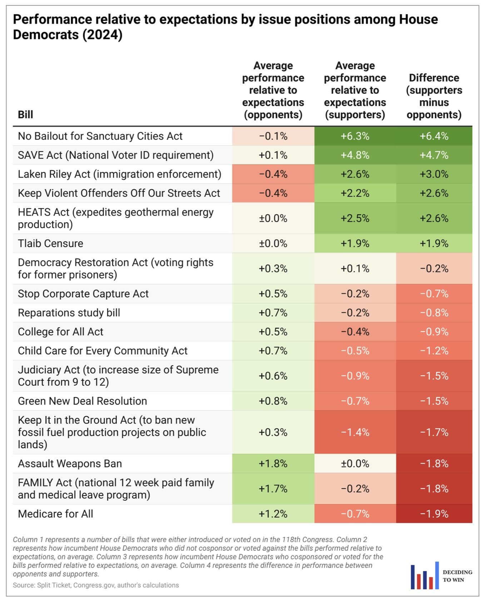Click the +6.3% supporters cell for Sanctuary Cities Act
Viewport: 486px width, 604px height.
(355, 136)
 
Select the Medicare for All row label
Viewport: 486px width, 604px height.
(55, 514)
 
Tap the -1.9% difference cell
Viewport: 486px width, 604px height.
(434, 514)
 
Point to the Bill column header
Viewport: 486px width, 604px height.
(25, 115)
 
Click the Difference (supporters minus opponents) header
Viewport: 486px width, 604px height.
(434, 96)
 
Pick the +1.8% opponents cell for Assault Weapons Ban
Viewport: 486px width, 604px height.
(273, 463)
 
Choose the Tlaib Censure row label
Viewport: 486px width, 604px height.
(50, 243)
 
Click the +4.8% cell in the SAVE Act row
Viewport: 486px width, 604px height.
(355, 155)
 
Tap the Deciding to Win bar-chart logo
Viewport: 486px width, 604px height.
(425, 576)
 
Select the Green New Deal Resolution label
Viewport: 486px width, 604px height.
(82, 401)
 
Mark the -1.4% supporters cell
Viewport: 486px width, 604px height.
(355, 432)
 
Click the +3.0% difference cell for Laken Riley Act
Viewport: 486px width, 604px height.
(434, 174)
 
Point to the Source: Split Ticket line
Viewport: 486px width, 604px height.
(96, 585)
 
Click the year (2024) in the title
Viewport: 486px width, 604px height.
(103, 35)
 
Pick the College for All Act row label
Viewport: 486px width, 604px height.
(60, 332)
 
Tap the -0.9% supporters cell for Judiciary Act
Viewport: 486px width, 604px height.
(355, 376)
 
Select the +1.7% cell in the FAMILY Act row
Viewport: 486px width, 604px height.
(273, 489)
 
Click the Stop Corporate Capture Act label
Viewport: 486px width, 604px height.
(83, 294)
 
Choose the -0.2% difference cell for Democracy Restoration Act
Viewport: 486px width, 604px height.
(434, 268)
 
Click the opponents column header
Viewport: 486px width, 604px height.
(273, 90)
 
